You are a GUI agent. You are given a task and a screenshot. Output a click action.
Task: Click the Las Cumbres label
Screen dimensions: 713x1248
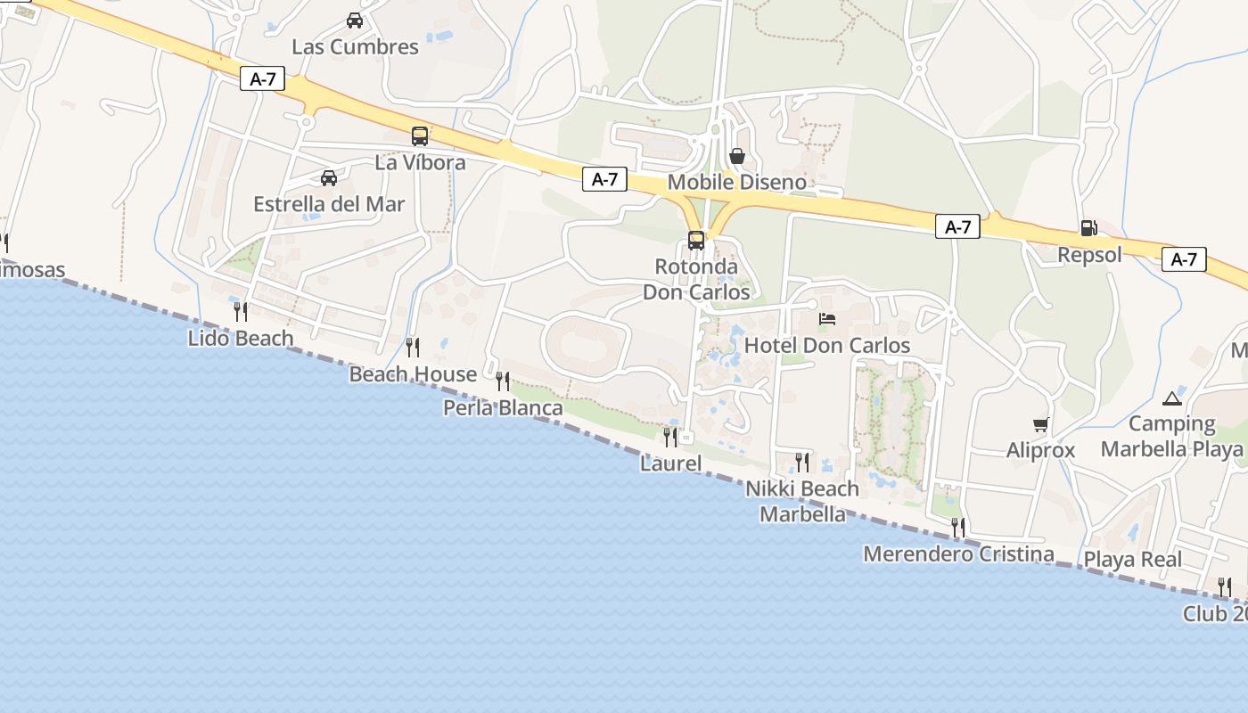point(355,47)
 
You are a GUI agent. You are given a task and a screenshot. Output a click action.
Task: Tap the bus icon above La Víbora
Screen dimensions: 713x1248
point(420,136)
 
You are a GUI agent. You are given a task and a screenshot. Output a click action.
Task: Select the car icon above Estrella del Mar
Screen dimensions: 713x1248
point(329,178)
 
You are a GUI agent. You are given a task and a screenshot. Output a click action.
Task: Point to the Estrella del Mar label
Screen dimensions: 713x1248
point(329,204)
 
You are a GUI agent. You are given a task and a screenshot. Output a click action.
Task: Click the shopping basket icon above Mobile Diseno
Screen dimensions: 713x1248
point(737,156)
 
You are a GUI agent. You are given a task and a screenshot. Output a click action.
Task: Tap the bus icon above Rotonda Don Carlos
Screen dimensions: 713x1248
point(696,240)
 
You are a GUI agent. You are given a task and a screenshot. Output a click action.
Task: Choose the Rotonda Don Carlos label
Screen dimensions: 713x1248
point(696,279)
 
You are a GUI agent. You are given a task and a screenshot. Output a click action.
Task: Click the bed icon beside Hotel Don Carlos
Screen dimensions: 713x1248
point(827,319)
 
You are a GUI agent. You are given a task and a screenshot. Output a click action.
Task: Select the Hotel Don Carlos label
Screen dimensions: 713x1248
point(827,346)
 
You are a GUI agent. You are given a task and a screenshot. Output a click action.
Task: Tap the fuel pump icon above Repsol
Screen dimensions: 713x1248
point(1088,228)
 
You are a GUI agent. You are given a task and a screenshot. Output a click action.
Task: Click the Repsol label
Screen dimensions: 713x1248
point(1089,256)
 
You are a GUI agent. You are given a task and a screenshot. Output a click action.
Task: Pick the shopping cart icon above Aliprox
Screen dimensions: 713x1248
point(1040,424)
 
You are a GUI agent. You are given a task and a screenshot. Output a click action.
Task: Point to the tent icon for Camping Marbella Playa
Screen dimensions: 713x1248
point(1171,397)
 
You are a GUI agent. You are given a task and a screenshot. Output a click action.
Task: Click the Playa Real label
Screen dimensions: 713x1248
point(1132,560)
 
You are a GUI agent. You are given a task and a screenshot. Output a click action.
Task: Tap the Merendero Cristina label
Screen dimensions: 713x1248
point(958,554)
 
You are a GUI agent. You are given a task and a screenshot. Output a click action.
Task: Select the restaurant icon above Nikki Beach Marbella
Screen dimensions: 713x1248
point(802,462)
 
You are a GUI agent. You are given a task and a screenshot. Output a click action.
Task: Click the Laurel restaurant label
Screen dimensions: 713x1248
point(670,463)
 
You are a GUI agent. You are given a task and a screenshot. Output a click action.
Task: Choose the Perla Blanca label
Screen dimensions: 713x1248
point(504,408)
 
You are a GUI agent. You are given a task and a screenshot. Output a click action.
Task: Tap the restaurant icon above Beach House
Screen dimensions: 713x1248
point(412,347)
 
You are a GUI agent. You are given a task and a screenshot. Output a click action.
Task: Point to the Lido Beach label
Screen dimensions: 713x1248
point(241,339)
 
